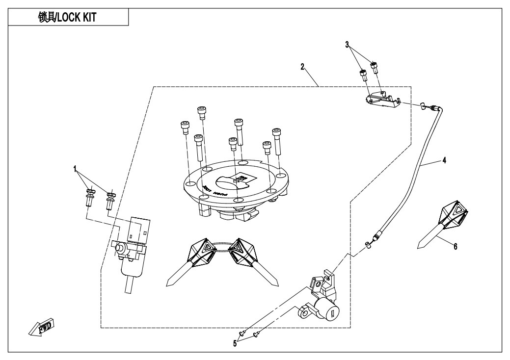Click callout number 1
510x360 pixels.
click(x=76, y=168)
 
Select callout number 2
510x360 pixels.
click(x=302, y=66)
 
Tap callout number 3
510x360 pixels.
click(x=347, y=45)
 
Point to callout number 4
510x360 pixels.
click(x=444, y=160)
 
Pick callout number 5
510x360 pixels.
click(x=235, y=343)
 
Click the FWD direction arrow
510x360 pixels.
click(x=42, y=328)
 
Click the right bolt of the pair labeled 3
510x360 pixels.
click(x=375, y=68)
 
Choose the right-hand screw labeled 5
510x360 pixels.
click(x=256, y=335)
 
